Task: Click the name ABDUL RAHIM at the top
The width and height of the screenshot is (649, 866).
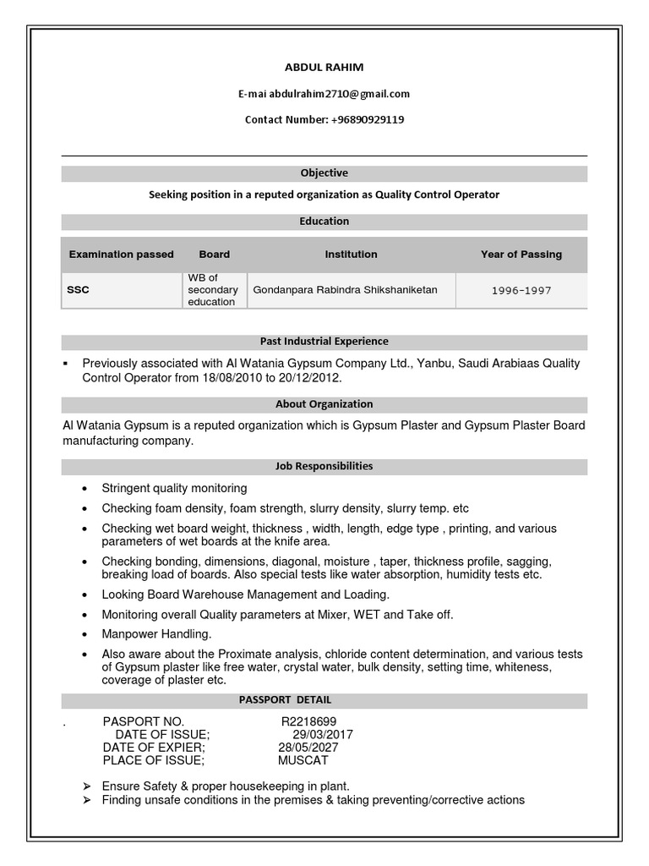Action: pyautogui.click(x=324, y=68)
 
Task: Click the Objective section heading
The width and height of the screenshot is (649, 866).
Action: pyautogui.click(x=324, y=173)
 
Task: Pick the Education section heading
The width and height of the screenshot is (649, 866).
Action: pyautogui.click(x=324, y=222)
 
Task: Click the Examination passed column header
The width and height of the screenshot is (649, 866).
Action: pyautogui.click(x=122, y=254)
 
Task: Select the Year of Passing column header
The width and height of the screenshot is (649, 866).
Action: pyautogui.click(x=521, y=254)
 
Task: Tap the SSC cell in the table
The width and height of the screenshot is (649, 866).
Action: pyautogui.click(x=79, y=290)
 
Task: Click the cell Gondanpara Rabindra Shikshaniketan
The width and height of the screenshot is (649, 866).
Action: pyautogui.click(x=345, y=290)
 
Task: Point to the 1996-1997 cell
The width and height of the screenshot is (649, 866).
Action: pyautogui.click(x=521, y=291)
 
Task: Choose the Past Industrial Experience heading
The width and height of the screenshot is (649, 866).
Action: pyautogui.click(x=324, y=342)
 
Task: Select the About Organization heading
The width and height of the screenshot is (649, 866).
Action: pyautogui.click(x=324, y=404)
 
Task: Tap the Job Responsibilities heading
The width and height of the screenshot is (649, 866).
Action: pyautogui.click(x=324, y=466)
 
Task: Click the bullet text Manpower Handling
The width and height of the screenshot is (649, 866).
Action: pyautogui.click(x=156, y=634)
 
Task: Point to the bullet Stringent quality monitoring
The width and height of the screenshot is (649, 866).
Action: pyautogui.click(x=174, y=488)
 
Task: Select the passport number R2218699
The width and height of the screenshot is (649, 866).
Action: pyautogui.click(x=309, y=721)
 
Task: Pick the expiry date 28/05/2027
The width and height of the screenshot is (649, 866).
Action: pyautogui.click(x=308, y=748)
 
